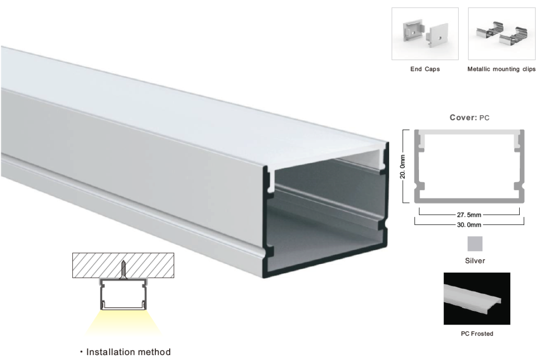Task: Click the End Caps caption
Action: (x=425, y=69)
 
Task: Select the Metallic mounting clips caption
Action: (x=501, y=69)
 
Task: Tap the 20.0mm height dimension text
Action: (x=403, y=166)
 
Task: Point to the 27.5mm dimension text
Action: (x=469, y=215)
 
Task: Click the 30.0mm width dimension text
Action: (x=469, y=225)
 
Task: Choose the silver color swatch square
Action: (x=475, y=244)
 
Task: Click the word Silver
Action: (x=475, y=261)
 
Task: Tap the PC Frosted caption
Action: (x=477, y=334)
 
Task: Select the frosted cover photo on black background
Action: (x=477, y=298)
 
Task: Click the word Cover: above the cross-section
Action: (x=463, y=117)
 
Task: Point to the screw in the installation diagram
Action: (x=123, y=270)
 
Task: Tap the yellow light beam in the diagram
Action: (x=123, y=322)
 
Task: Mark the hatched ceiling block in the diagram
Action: (x=123, y=265)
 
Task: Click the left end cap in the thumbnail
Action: (x=413, y=31)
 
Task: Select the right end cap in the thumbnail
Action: (x=437, y=35)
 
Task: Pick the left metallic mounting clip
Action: (x=490, y=30)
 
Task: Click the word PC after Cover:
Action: (x=484, y=118)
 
